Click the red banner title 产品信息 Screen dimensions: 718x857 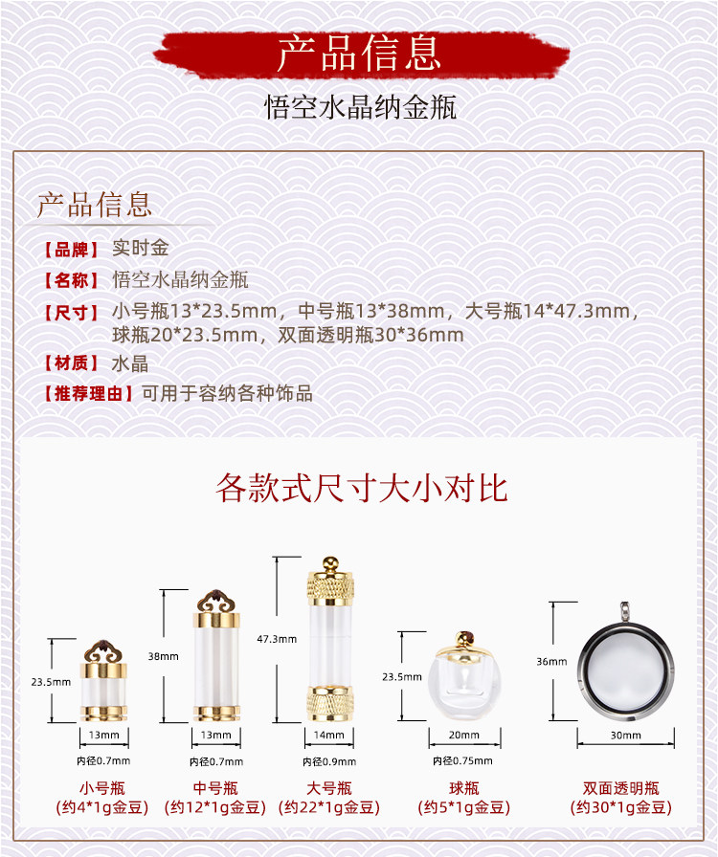359,54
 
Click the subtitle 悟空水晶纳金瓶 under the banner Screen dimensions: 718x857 360,106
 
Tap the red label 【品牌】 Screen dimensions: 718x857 72,250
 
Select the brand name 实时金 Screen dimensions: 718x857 140,249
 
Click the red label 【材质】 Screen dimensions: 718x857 72,363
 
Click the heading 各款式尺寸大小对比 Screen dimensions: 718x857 361,488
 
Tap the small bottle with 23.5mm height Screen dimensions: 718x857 101,680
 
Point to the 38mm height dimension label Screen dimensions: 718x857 164,656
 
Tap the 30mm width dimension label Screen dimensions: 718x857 626,736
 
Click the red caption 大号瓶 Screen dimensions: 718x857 329,788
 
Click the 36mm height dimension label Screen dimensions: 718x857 548,662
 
